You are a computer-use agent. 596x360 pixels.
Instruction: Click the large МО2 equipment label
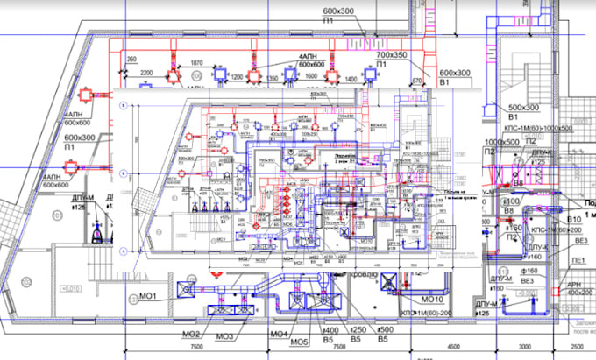[x=192, y=334]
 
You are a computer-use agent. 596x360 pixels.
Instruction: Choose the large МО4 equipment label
[x=278, y=335]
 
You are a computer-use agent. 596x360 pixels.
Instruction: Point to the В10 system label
[x=576, y=218]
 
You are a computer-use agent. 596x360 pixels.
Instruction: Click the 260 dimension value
[x=131, y=60]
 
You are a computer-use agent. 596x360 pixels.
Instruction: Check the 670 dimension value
[x=417, y=81]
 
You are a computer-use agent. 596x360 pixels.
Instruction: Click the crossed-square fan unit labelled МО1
[x=186, y=286]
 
